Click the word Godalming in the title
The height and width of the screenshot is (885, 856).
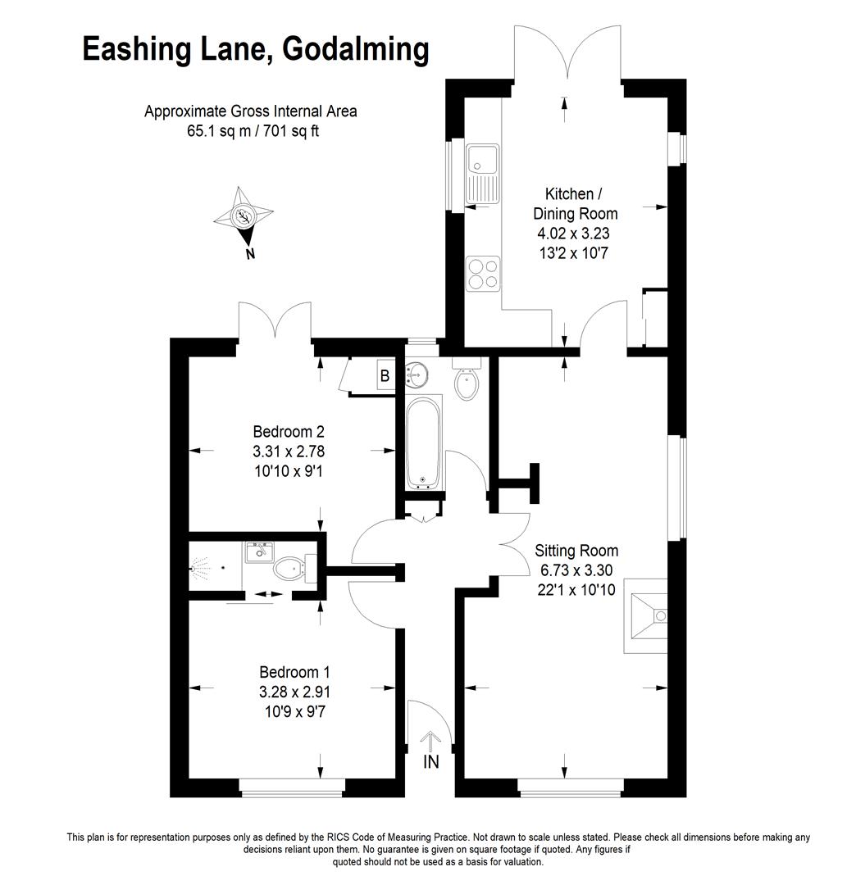click(356, 51)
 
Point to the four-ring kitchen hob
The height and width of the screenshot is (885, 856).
click(483, 274)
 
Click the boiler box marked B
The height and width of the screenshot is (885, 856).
click(385, 375)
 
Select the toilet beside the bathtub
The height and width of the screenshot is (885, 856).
click(467, 378)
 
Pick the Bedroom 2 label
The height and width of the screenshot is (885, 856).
click(289, 432)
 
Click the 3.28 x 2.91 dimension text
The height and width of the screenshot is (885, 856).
click(294, 692)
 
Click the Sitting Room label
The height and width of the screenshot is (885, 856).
click(576, 551)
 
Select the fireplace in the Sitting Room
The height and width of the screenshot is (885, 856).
click(645, 615)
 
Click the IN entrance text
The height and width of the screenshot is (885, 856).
click(430, 762)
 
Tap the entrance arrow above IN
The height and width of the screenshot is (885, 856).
click(430, 742)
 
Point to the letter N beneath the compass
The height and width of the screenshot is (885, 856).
click(250, 254)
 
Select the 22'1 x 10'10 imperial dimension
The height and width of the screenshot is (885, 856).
click(576, 590)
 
